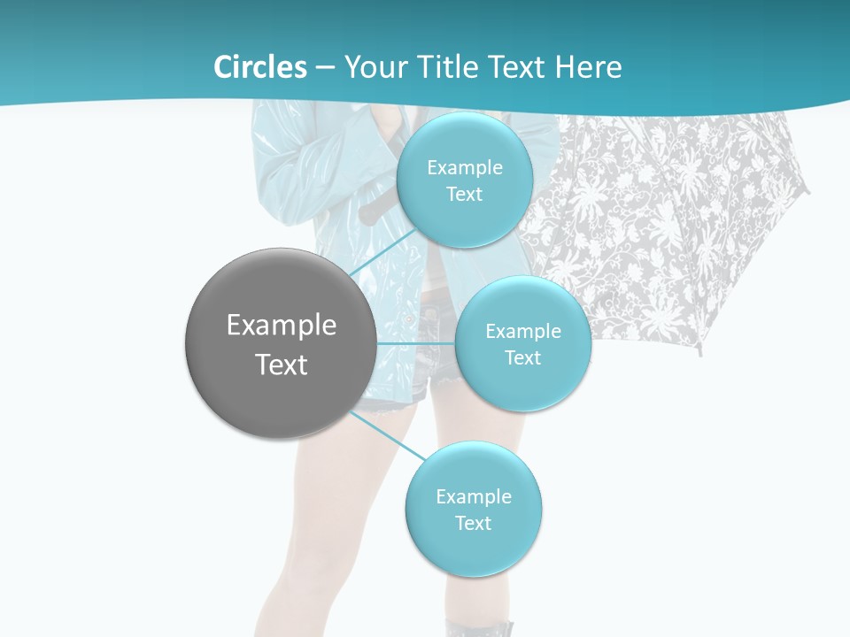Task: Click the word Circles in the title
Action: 259,67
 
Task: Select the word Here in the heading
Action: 588,67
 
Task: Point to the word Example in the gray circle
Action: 282,326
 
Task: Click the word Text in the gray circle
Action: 282,365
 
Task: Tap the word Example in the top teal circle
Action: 465,168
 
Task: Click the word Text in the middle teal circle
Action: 522,358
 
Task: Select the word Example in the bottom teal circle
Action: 474,497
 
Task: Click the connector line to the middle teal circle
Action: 415,342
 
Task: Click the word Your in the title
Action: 373,67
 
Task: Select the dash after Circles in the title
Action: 325,68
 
